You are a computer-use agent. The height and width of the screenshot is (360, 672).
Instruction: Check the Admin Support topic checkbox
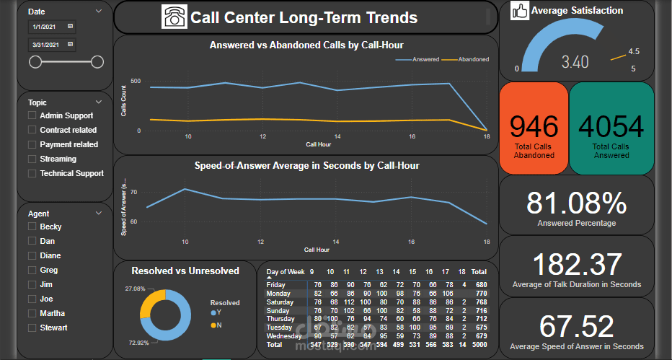tap(32, 115)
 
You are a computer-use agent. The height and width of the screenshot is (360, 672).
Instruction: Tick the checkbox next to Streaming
tap(32, 159)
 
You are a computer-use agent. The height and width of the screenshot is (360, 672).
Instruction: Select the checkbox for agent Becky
tap(32, 227)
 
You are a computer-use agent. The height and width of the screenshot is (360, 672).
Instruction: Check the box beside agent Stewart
tap(32, 328)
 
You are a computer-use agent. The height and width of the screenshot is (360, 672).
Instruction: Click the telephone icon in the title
tap(174, 17)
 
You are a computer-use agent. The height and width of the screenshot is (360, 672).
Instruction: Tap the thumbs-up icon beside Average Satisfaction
tap(519, 11)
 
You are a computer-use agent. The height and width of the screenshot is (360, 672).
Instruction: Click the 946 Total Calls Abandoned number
tap(534, 127)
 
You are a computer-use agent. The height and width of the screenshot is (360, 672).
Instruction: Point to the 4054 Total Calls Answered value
tap(611, 127)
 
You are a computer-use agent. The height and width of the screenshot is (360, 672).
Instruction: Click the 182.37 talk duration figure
tap(576, 264)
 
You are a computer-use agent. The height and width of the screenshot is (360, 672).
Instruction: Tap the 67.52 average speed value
tap(576, 325)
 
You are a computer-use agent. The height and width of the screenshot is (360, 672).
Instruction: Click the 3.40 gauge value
tap(575, 63)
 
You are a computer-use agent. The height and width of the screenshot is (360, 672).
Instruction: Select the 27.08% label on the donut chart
tap(136, 289)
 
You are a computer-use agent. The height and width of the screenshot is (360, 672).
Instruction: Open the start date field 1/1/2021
tap(49, 27)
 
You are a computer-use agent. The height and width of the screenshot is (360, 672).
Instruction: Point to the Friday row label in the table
tap(277, 285)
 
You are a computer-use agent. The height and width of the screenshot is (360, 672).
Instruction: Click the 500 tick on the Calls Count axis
tap(136, 82)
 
